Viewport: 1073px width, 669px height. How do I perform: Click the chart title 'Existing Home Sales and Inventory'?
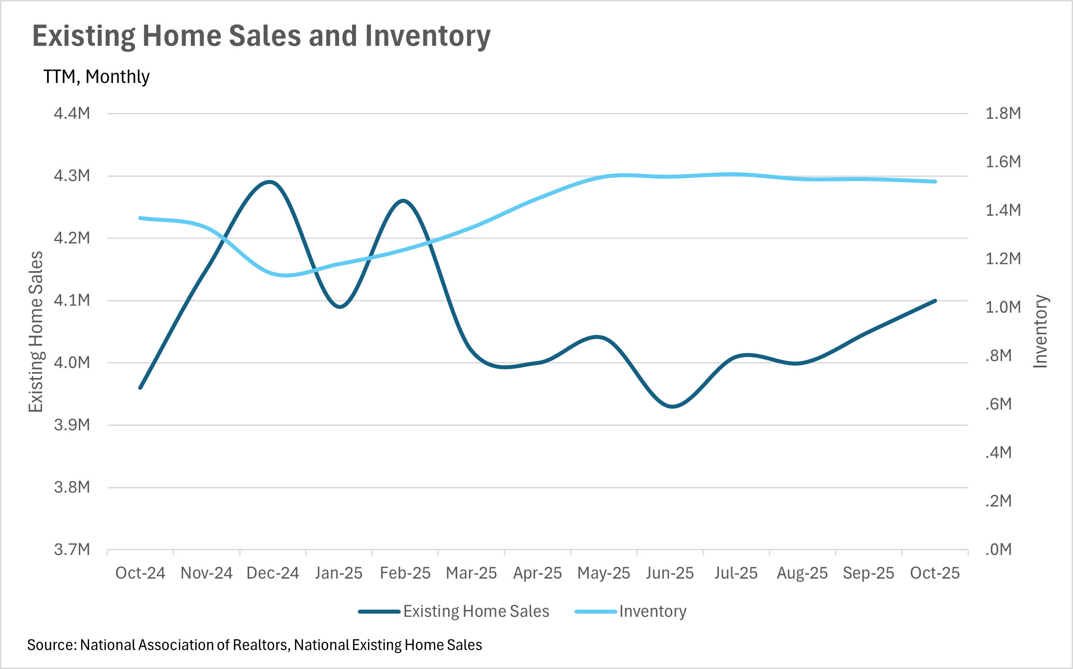pos(261,36)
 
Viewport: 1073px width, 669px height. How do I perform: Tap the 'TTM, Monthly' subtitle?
pos(97,77)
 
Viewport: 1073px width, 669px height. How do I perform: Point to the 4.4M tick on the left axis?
pos(72,113)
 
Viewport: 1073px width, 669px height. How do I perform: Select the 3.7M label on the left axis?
pos(72,549)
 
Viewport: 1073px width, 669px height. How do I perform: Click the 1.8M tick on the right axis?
pos(1003,113)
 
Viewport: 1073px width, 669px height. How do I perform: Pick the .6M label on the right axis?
pos(999,404)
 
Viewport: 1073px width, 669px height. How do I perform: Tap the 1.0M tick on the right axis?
pos(1003,307)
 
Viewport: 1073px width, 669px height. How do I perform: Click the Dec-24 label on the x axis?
pos(273,573)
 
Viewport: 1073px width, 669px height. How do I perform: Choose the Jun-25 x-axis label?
pos(670,573)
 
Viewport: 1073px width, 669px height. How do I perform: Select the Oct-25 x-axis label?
pos(935,573)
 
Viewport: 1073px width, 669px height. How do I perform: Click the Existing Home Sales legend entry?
pos(454,611)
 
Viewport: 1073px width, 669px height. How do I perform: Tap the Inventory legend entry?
pos(631,611)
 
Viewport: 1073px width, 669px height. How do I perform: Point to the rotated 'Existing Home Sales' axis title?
pos(36,332)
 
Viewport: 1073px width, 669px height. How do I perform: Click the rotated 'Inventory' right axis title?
pos(1040,331)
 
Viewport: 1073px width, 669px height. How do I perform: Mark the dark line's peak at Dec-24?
pos(269,182)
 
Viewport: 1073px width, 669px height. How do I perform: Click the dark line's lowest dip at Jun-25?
pos(672,406)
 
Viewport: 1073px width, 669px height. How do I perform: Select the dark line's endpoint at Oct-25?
pos(935,301)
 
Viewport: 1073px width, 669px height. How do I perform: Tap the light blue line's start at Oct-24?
pos(140,218)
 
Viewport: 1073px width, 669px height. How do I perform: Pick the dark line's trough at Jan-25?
pos(340,307)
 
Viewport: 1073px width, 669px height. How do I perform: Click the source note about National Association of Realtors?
pos(255,645)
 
